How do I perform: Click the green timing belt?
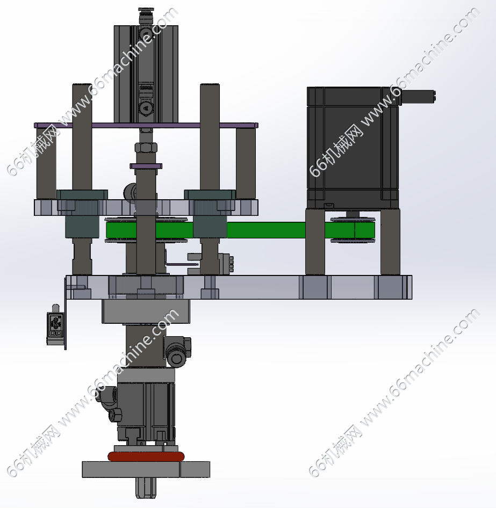tap(266, 230)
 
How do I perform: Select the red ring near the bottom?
tap(146, 457)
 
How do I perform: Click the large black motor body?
tap(353, 148)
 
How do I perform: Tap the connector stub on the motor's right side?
tap(418, 97)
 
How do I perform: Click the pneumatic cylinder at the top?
tap(146, 74)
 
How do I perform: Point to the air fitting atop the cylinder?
tap(146, 16)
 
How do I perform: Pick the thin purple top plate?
tap(146, 125)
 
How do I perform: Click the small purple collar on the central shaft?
tap(146, 166)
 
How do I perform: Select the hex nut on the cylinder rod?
tap(146, 148)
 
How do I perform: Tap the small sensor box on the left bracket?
tap(55, 325)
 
